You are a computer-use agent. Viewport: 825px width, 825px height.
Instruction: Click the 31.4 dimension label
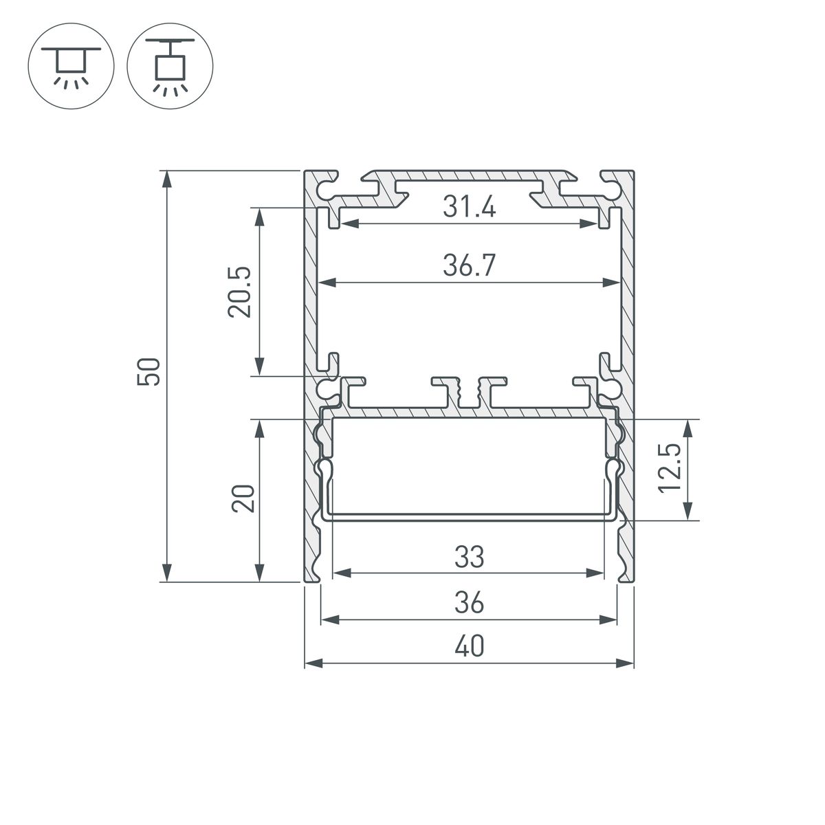469,207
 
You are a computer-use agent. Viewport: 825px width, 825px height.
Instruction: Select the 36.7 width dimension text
469,265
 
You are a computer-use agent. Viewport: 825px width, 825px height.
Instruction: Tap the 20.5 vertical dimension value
241,292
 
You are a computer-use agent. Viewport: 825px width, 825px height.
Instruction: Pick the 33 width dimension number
469,557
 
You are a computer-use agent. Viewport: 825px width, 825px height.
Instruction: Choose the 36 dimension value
469,604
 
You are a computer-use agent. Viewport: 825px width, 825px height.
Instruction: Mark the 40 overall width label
469,647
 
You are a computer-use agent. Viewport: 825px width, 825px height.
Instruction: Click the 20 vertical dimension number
243,498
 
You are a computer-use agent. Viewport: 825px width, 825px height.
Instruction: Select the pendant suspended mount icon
170,63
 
